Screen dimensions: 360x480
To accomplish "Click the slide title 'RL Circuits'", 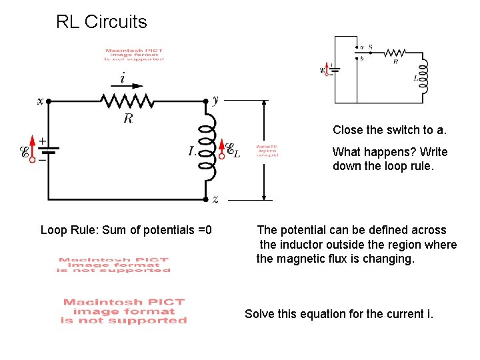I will click(101, 22).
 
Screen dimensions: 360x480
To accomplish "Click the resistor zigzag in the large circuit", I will click(127, 101).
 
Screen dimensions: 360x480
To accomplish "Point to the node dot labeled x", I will click(49, 101).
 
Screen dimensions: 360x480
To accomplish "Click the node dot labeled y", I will click(205, 101).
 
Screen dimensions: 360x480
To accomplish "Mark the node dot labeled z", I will click(205, 199).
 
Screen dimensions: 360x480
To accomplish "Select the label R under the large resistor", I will click(127, 119).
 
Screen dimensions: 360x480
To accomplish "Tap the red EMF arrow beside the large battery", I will click(32, 151).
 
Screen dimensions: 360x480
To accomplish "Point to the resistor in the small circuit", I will click(395, 53).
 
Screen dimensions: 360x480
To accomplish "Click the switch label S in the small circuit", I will click(371, 47).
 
